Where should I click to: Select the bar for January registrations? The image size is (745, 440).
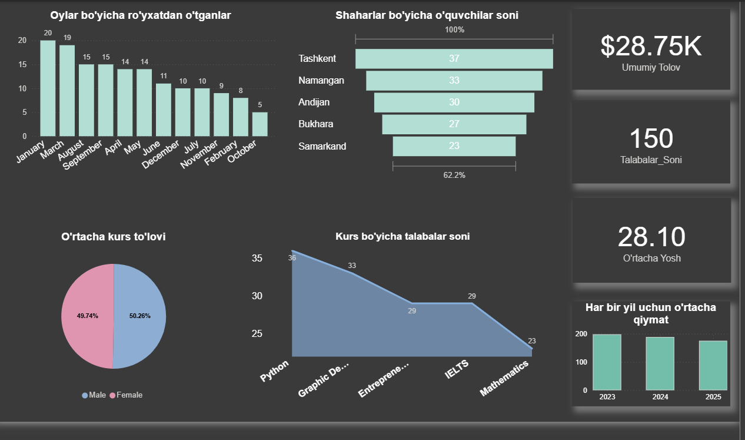pos(48,88)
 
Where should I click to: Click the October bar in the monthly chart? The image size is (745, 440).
pos(260,124)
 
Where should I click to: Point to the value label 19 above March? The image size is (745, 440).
pos(67,38)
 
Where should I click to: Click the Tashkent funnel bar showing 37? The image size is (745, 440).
pos(454,58)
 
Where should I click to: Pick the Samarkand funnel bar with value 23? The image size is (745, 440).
pos(454,146)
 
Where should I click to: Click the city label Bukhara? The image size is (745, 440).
pos(315,124)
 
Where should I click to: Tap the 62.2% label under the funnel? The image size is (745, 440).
pos(454,175)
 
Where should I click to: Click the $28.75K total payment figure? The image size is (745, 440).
pos(651,47)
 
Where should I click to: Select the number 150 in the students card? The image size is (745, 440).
pos(651,138)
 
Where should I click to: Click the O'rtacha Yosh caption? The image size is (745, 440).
pos(651,258)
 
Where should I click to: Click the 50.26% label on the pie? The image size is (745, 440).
pos(140,316)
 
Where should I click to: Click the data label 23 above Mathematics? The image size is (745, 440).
pos(532,341)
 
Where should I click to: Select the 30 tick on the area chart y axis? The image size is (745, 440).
pos(257,296)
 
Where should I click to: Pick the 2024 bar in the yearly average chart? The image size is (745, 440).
pos(660,363)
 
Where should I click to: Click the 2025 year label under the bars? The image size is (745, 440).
pos(713,398)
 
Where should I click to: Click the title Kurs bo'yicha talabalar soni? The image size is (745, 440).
pos(403,237)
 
